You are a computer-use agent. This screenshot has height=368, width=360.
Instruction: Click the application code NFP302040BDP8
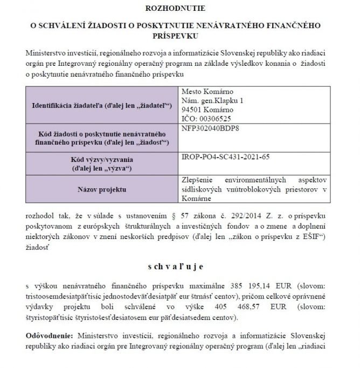coord(211,128)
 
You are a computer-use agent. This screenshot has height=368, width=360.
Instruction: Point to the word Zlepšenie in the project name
coord(199,180)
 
